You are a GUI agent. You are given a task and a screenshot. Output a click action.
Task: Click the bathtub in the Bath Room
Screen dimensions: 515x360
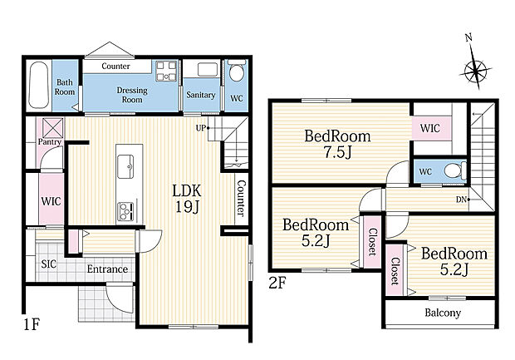click(x=39, y=85)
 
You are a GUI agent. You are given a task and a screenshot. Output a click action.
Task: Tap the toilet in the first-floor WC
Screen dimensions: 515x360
click(x=237, y=71)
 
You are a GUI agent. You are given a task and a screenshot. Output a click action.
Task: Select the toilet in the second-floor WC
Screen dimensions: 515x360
click(x=455, y=171)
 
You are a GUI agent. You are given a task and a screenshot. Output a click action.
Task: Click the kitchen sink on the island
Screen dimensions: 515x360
click(x=125, y=166)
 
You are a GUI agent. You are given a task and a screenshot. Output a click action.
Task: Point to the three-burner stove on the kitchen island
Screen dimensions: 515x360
click(x=126, y=211)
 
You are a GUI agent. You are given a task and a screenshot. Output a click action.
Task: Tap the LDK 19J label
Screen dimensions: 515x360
click(x=187, y=199)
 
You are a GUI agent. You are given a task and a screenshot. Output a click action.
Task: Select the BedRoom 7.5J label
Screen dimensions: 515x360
click(x=337, y=144)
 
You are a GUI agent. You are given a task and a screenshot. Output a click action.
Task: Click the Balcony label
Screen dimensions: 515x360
click(x=443, y=313)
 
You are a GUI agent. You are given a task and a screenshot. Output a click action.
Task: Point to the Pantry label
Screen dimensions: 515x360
click(x=50, y=141)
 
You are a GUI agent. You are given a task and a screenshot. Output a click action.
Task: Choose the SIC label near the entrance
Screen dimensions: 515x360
click(x=49, y=264)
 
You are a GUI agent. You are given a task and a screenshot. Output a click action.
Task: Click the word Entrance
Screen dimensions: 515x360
click(x=107, y=269)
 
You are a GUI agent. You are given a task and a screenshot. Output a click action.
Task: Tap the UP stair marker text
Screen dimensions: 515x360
click(x=201, y=128)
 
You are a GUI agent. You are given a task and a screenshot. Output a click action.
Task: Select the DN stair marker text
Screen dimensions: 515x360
click(x=461, y=200)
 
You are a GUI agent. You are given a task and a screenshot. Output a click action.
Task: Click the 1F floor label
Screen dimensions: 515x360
click(x=32, y=325)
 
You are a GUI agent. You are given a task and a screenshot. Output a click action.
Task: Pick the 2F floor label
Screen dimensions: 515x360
click(x=277, y=283)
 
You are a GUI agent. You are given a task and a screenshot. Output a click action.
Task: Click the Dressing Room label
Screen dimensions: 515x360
click(x=132, y=95)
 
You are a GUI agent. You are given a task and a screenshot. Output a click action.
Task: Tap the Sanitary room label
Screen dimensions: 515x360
click(x=201, y=95)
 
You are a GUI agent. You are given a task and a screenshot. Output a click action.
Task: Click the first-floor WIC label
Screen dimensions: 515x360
click(x=51, y=201)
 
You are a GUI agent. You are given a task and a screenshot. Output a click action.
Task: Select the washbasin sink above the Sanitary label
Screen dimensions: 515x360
click(x=208, y=70)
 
